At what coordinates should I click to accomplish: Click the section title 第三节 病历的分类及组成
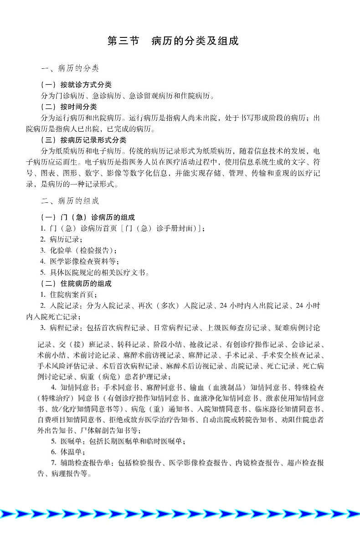(173, 41)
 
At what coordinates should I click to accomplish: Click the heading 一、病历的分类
(70, 69)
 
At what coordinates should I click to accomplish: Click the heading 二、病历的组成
(70, 201)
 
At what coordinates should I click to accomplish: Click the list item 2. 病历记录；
(62, 239)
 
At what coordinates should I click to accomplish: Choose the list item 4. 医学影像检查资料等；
(79, 261)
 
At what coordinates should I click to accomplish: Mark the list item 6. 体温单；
(68, 452)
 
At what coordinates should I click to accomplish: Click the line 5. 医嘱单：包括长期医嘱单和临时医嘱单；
(118, 441)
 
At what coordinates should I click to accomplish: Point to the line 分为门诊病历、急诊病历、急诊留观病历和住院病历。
(128, 96)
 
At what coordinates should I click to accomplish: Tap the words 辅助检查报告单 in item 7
(87, 463)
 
